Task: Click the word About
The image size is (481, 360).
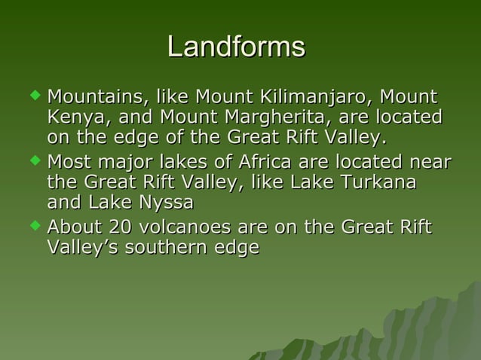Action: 74,227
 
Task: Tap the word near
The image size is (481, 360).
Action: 426,162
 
